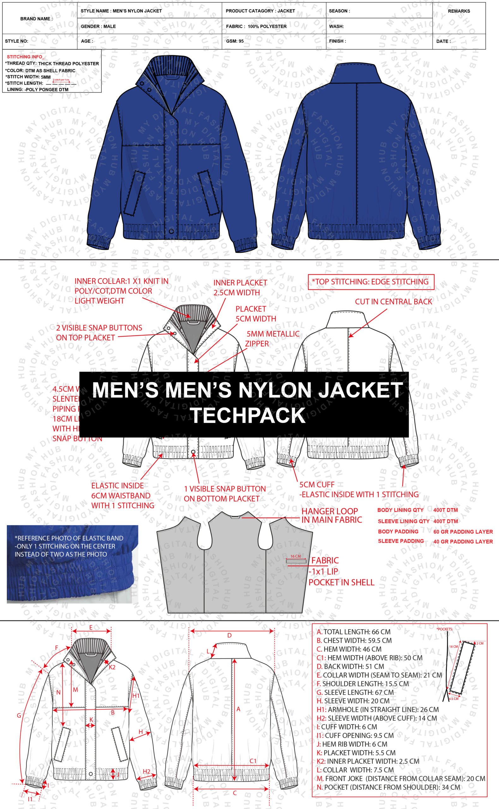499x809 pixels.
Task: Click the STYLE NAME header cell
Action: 121,11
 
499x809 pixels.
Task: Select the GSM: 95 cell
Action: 235,41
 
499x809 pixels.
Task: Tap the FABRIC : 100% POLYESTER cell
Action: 256,27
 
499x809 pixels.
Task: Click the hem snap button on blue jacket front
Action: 171,231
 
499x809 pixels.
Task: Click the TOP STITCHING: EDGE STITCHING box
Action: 371,282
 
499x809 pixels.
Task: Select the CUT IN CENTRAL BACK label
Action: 394,301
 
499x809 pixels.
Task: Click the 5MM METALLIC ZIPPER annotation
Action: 273,338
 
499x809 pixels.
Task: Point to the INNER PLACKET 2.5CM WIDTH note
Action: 240,287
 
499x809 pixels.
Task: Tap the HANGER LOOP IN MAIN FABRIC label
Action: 331,515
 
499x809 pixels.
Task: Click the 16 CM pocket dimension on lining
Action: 296,556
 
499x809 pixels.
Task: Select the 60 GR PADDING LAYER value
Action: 463,532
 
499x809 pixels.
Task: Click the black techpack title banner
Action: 244,404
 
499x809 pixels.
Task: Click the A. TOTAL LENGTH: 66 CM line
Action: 353,632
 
